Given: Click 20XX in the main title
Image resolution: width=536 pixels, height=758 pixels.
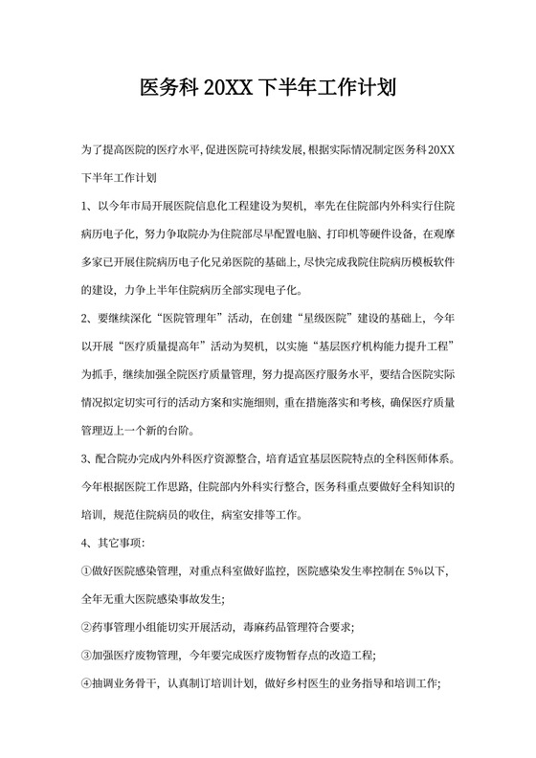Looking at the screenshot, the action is click(x=225, y=89).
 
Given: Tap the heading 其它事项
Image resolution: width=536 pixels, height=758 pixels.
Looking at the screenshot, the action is click(x=120, y=543).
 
